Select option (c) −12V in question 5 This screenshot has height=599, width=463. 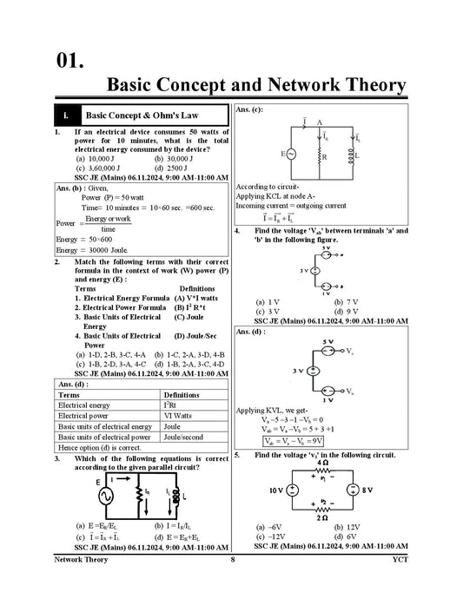(269, 536)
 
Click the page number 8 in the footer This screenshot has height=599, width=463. (232, 585)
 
